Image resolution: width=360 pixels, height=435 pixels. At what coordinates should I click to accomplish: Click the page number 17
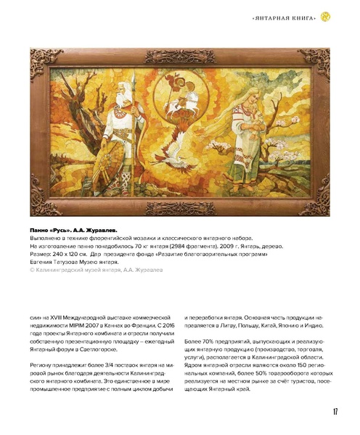pyautogui.click(x=335, y=412)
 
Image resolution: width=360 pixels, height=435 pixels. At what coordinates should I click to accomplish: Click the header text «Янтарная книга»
pyautogui.click(x=286, y=17)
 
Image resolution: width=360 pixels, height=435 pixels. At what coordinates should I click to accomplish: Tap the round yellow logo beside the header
pyautogui.click(x=325, y=16)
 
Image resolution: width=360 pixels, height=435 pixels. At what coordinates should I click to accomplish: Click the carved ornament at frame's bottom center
pyautogui.click(x=180, y=210)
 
